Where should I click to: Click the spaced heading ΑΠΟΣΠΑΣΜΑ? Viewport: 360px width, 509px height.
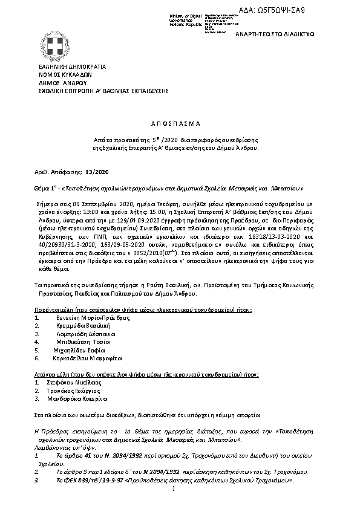(x=180, y=122)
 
